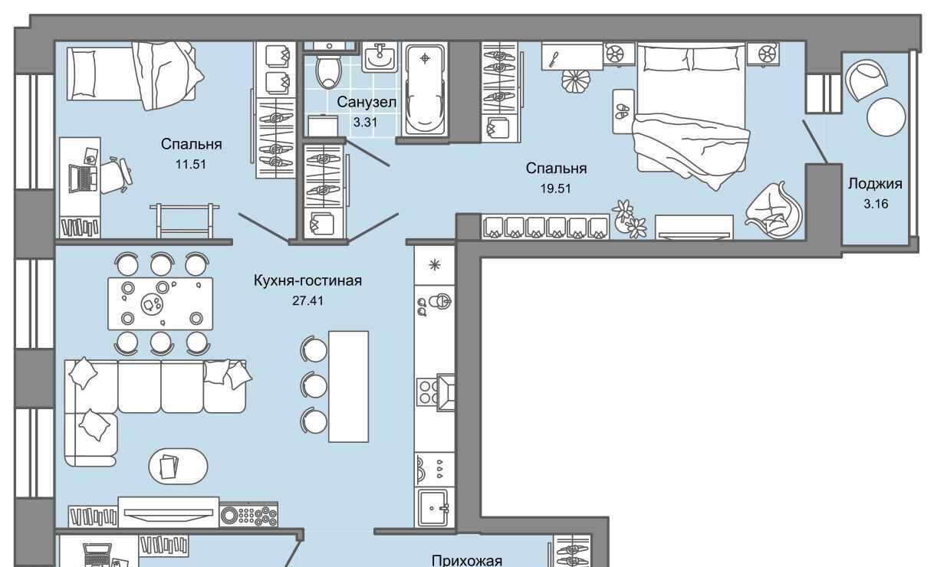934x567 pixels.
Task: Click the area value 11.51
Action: [190, 165]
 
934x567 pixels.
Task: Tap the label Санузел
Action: [367, 102]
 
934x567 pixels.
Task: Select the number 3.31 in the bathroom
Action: [365, 123]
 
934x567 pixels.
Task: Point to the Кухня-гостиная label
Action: [307, 280]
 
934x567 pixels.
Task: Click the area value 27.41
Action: [307, 301]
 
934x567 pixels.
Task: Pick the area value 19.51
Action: [556, 188]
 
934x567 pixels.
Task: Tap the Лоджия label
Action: [875, 184]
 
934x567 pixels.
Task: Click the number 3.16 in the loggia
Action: [876, 204]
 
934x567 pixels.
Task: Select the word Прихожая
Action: [466, 560]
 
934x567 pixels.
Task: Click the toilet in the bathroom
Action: [329, 70]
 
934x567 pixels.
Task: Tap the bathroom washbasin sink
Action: [379, 57]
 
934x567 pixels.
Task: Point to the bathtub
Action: [425, 90]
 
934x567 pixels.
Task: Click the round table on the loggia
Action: [886, 116]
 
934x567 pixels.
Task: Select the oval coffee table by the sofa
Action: [178, 466]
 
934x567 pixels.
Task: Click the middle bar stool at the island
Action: [314, 385]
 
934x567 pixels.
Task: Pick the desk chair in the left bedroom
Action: [116, 175]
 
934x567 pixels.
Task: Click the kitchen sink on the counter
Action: [434, 508]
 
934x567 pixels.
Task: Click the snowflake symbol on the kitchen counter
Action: [435, 265]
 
